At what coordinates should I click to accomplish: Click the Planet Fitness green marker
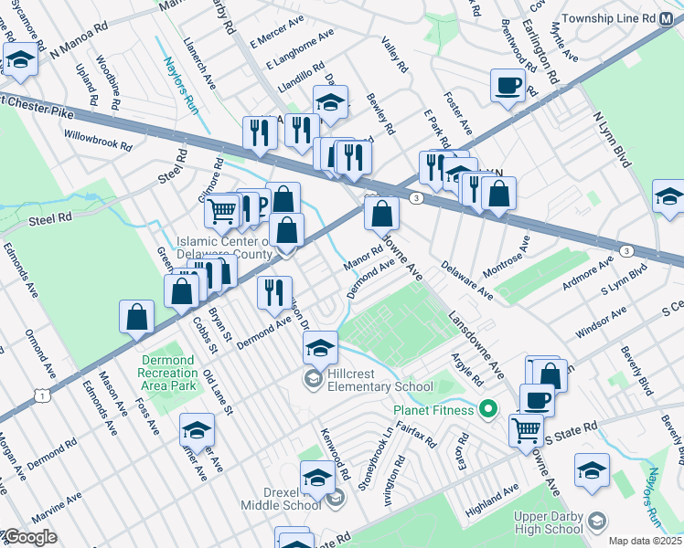(488, 407)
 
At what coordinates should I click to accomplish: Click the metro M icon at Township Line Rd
(674, 18)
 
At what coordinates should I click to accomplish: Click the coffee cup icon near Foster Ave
(508, 87)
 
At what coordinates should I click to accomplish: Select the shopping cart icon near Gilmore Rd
(222, 212)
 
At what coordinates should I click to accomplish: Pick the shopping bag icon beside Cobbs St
(182, 290)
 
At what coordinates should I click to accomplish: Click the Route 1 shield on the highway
(42, 394)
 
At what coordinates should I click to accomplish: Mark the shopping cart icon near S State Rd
(526, 429)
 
